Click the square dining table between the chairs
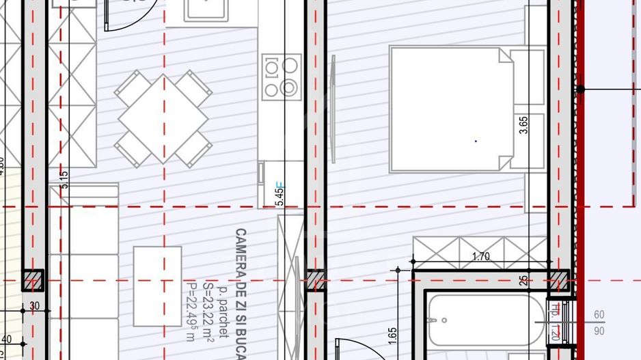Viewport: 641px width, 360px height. point(163,117)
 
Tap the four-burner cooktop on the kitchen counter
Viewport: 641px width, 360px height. point(282,76)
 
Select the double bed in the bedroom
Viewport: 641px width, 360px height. point(451,109)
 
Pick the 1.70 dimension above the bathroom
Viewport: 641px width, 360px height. point(482,258)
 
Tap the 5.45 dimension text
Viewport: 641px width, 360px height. point(278,193)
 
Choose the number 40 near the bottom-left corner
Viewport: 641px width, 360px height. point(7,339)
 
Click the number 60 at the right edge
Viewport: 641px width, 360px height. point(599,315)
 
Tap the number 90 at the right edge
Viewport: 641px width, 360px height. point(599,331)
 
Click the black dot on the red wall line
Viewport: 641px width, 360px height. point(580,89)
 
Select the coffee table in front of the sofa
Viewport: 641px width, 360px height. point(157,286)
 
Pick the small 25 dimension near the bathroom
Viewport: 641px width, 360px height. point(523,279)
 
